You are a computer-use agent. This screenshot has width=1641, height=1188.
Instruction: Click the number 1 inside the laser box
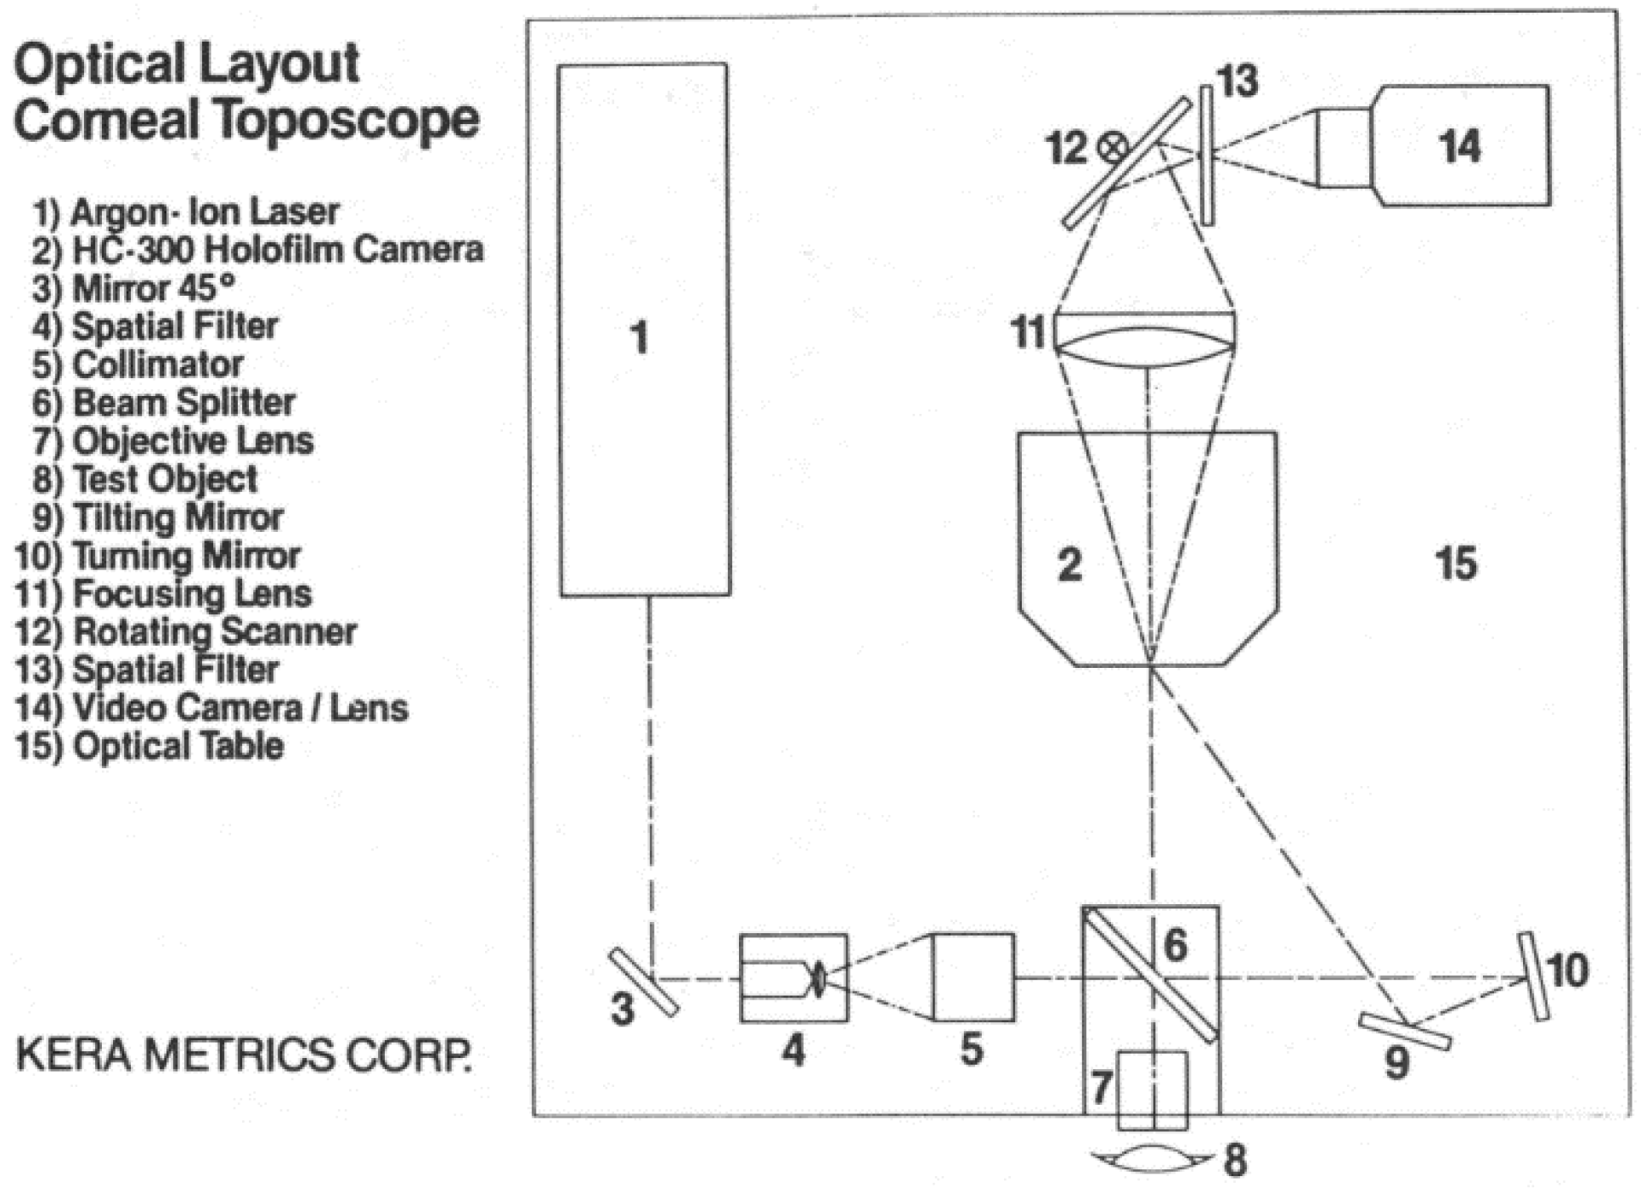coord(640,337)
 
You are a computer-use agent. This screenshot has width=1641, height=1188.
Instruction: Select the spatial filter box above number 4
coord(792,978)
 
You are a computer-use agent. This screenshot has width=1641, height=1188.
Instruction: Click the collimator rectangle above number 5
coord(973,977)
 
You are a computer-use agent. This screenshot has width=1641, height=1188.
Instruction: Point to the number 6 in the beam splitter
coord(1175,945)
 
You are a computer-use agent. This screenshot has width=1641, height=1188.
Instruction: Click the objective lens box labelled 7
coord(1152,1090)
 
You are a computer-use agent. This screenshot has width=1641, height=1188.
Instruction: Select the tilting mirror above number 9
coord(1404,1031)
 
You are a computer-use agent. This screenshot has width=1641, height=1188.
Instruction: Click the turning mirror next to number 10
coord(1534,976)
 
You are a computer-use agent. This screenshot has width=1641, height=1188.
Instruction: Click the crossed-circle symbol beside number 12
coord(1112,148)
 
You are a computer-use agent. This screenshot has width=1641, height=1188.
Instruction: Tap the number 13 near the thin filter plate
coord(1238,82)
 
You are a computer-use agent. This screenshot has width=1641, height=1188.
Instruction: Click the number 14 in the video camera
coord(1459,146)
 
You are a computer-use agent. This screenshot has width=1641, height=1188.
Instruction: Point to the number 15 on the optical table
coord(1456,563)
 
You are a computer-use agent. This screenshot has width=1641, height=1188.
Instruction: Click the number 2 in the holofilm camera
coord(1069,564)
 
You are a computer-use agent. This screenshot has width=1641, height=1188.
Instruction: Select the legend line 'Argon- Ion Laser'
coord(186,212)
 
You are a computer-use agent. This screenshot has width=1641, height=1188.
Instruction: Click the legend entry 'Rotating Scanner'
coord(186,631)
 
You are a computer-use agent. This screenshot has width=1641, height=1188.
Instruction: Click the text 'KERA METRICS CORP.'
coord(244,1055)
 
